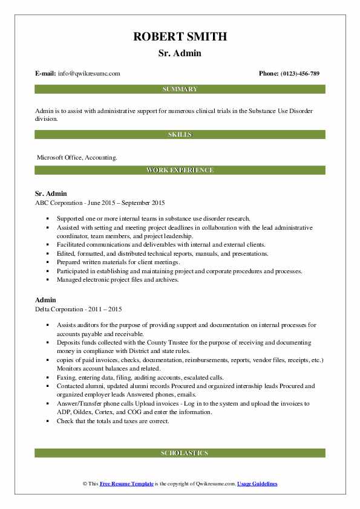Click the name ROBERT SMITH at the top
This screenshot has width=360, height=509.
(x=180, y=36)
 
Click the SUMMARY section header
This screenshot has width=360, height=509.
(x=180, y=89)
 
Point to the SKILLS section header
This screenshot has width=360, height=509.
(x=180, y=134)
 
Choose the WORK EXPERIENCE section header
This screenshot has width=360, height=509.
(x=180, y=170)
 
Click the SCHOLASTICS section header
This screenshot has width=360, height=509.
(x=180, y=453)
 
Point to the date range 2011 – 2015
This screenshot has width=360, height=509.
(x=109, y=310)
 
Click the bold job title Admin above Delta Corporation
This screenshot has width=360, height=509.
(x=46, y=300)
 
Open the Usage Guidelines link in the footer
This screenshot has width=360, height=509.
(x=257, y=484)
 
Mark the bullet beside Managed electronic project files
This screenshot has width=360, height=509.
(x=47, y=280)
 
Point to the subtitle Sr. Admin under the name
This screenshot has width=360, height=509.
(x=180, y=53)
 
